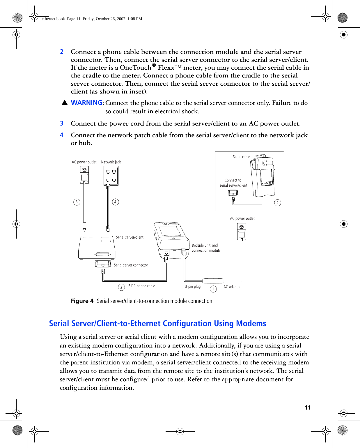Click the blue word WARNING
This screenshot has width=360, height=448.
tap(86, 103)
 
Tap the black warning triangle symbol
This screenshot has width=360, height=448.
tap(65, 103)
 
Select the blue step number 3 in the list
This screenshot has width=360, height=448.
tap(62, 124)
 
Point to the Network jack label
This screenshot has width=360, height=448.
tap(111, 162)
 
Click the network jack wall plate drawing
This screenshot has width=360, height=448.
tap(111, 176)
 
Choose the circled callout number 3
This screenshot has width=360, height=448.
tap(77, 202)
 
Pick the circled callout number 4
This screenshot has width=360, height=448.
tap(116, 202)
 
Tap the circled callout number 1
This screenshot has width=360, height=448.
tap(213, 289)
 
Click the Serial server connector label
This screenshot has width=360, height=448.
tap(131, 265)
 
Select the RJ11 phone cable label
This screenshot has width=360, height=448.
tap(141, 286)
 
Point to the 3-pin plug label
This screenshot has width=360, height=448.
tap(193, 287)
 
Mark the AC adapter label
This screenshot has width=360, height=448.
tap(232, 287)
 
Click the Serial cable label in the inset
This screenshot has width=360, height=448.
tap(241, 157)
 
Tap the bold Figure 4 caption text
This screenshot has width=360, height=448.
tap(82, 301)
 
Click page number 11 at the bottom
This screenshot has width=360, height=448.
tap(308, 408)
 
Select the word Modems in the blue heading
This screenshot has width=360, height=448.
tap(251, 324)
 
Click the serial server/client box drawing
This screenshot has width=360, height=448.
tap(97, 248)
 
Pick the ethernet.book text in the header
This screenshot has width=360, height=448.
tap(53, 19)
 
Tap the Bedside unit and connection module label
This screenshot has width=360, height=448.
tap(206, 248)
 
